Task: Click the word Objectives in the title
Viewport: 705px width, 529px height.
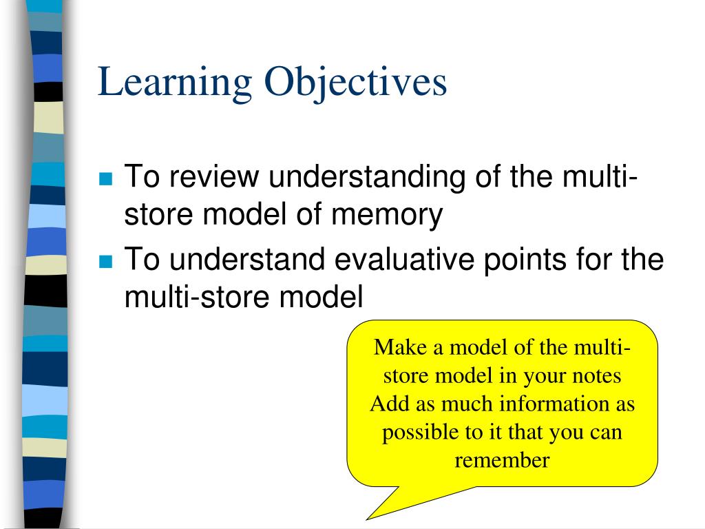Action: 356,83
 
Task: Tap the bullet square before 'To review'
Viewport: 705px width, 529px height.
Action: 105,178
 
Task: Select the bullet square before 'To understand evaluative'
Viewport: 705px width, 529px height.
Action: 105,261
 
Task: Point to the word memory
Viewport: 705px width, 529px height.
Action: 387,215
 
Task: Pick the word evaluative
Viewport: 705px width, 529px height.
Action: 404,259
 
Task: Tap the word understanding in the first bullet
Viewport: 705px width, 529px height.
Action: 367,177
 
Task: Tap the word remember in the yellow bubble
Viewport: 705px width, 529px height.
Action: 502,460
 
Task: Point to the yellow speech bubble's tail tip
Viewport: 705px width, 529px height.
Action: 367,519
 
